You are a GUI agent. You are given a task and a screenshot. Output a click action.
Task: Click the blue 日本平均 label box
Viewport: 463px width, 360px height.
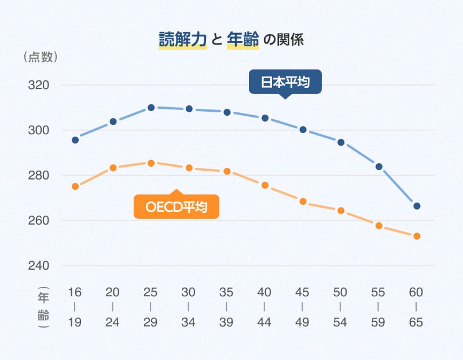tap(284, 82)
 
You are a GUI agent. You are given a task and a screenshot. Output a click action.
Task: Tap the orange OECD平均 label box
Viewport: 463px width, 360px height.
tap(177, 207)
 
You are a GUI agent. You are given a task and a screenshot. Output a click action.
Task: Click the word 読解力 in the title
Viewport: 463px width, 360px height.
tap(183, 40)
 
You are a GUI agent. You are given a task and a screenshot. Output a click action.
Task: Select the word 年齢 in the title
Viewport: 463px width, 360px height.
tap(243, 40)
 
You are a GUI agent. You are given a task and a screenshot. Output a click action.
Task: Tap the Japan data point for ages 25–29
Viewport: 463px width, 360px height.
tap(151, 108)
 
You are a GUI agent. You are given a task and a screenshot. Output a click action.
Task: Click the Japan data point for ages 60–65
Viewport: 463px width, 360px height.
tap(417, 206)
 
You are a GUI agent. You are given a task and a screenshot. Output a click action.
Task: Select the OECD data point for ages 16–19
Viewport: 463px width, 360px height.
tap(75, 186)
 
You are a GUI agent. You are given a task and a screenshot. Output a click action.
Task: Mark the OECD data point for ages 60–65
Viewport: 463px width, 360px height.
tap(417, 236)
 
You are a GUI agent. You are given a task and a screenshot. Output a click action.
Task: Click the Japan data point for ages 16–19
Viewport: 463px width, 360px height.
tap(75, 140)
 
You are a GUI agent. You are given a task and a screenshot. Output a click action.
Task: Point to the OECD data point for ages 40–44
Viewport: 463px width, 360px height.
tap(265, 185)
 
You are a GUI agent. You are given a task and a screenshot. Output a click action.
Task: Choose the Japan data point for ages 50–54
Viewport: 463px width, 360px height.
tap(341, 142)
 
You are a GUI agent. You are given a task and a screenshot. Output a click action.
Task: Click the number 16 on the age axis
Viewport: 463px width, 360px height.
tap(75, 292)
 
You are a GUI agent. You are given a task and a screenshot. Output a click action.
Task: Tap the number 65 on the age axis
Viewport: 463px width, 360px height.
tap(417, 322)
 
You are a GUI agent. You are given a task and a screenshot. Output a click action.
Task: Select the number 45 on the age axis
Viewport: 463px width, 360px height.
tap(303, 292)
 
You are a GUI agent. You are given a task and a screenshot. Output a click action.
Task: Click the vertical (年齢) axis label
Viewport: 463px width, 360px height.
tap(44, 307)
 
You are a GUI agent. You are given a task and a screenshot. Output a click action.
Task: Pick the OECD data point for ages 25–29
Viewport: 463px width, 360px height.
tap(151, 163)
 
